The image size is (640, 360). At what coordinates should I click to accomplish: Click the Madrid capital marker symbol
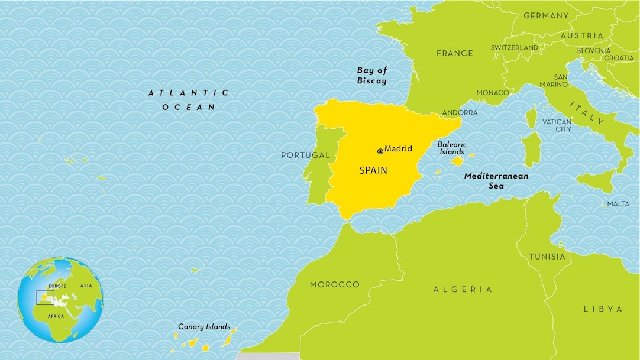tap(380, 151)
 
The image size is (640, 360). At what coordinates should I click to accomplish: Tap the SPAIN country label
tap(373, 170)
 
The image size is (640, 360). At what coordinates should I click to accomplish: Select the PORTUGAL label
tap(305, 155)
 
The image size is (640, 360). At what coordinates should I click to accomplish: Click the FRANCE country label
tap(455, 53)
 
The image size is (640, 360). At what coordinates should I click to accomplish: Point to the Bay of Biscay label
tap(372, 76)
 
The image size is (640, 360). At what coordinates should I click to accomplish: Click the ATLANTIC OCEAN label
tap(189, 100)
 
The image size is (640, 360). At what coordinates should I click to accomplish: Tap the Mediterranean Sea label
tap(496, 180)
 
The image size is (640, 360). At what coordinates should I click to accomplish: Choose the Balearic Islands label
tap(452, 148)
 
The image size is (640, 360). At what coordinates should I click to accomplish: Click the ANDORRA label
tap(460, 112)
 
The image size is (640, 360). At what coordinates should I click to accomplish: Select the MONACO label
tap(493, 93)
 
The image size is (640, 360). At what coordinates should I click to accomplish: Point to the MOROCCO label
tap(335, 284)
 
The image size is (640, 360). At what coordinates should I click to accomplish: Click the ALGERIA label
tap(463, 289)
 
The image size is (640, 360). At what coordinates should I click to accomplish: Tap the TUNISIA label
tap(547, 257)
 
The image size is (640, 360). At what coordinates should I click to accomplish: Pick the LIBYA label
tap(603, 309)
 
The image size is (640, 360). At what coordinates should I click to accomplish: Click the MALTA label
tap(618, 204)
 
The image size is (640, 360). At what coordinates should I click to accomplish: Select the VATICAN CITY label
tap(557, 125)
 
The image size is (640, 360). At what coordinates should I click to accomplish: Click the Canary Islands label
tap(204, 326)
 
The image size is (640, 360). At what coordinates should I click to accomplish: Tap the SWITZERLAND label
tap(515, 47)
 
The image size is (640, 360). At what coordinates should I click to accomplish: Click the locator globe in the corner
tap(60, 299)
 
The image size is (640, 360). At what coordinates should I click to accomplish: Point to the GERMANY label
tap(546, 16)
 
